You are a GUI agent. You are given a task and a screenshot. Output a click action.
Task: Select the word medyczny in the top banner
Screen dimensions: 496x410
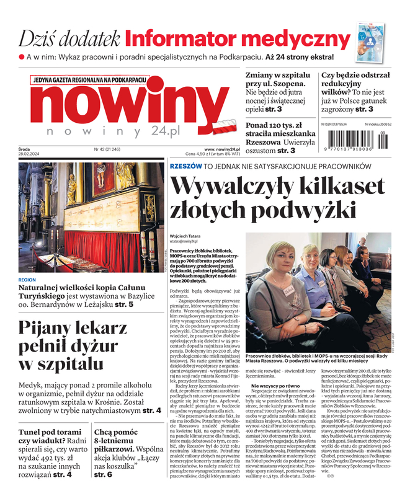coord(302,39)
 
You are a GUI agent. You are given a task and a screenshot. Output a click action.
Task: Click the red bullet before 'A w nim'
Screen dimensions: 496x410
coord(20,57)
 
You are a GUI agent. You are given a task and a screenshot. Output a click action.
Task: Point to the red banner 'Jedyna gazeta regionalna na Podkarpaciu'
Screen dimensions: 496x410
coord(90,80)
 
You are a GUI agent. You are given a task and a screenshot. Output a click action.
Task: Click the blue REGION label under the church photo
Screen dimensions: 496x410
coord(28,280)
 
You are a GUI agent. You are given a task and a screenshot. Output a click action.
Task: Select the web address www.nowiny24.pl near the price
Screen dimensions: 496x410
coord(221,149)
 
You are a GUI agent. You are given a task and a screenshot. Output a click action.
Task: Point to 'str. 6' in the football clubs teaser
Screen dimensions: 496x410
coord(103,474)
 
